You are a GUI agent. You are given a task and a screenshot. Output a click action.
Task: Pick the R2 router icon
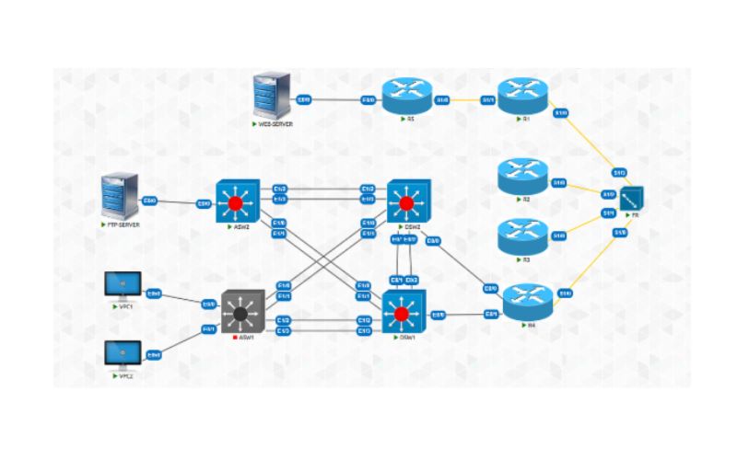[x=522, y=178]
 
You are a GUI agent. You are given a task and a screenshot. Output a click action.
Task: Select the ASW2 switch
[x=236, y=201]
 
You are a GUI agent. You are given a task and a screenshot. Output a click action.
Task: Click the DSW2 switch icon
[x=407, y=201]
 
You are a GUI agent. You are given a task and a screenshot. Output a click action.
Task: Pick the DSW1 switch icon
[x=403, y=314]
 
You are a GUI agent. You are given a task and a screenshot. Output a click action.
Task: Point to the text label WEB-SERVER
[x=275, y=123]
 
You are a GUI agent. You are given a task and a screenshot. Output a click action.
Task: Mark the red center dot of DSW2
[x=407, y=201]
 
